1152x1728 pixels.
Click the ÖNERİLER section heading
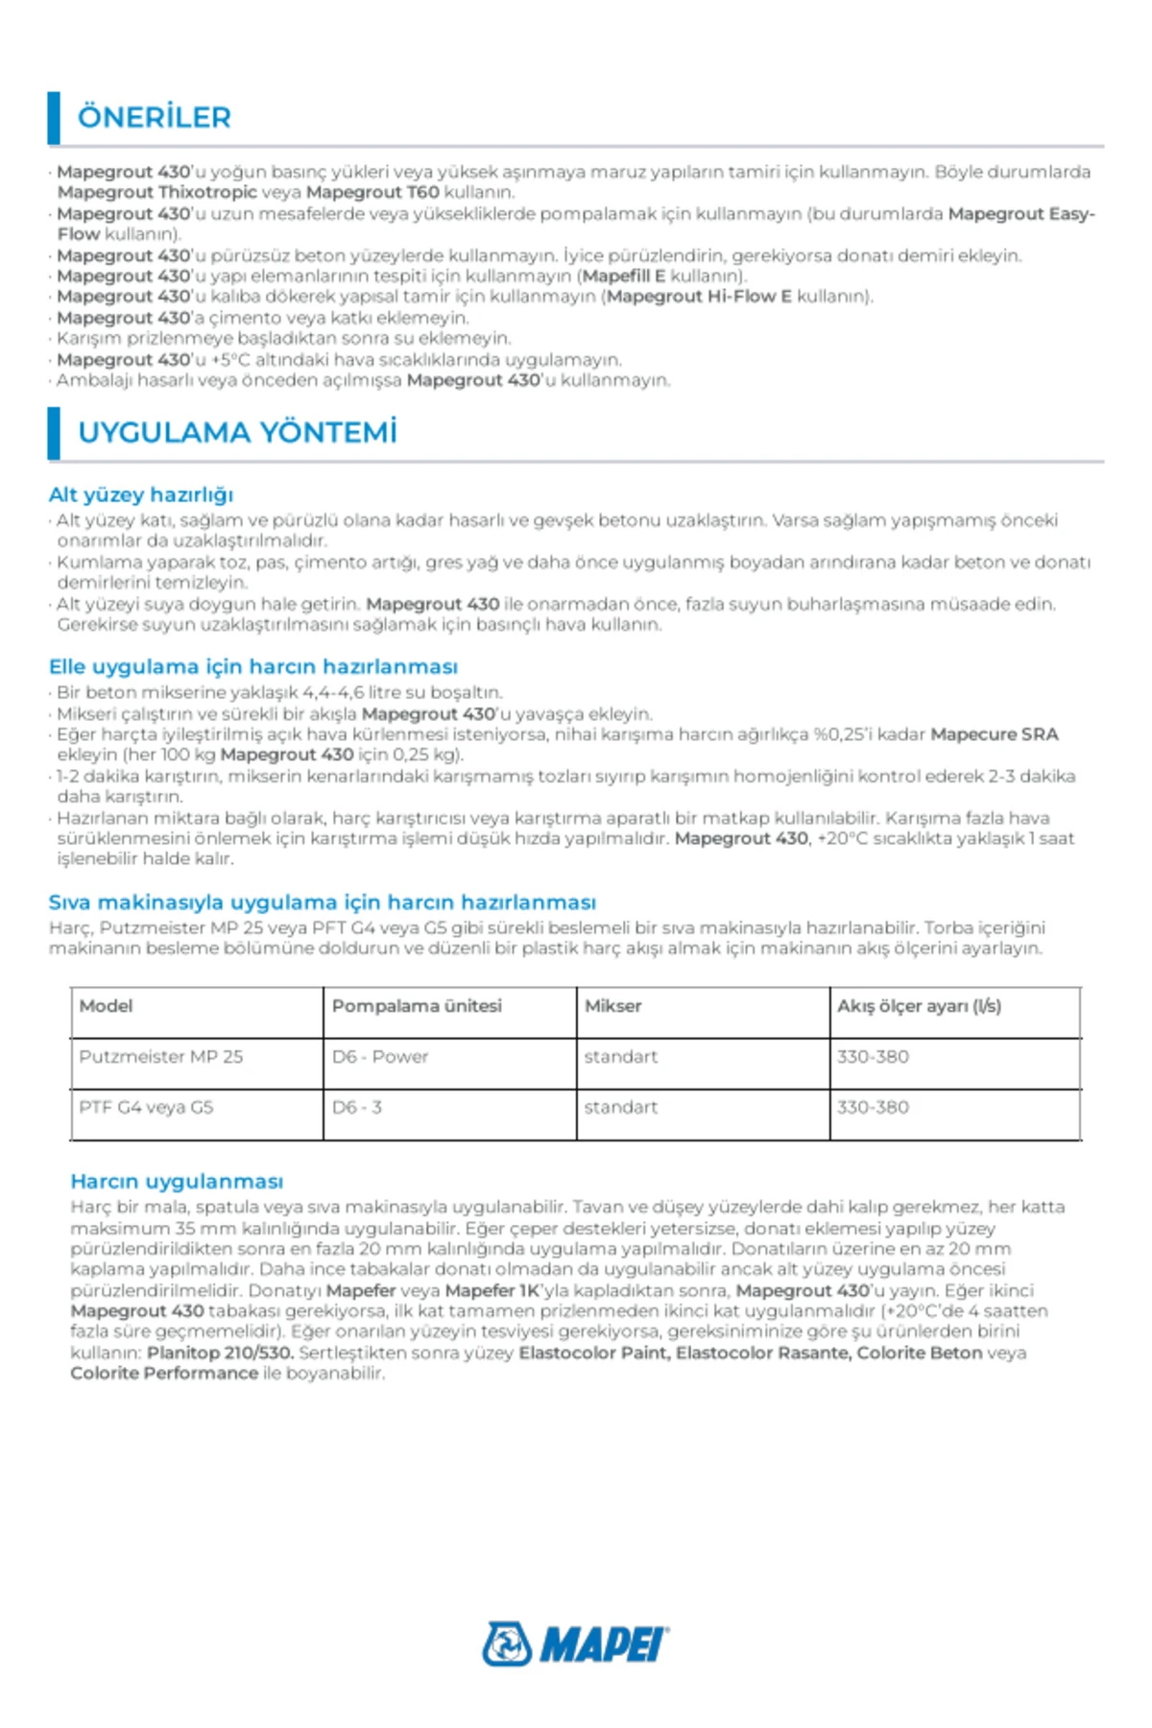[x=154, y=117]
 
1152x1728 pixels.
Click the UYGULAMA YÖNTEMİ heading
[x=237, y=433]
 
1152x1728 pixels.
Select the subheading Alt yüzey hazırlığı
[x=141, y=494]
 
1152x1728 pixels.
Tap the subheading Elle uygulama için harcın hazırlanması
[x=253, y=666]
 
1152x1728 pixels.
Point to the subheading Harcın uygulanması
[x=177, y=1181]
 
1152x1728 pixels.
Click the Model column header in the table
[x=106, y=1006]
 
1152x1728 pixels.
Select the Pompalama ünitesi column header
[x=417, y=1006]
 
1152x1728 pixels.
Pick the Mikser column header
[x=612, y=1006]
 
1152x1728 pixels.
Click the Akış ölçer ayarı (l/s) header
[x=919, y=1006]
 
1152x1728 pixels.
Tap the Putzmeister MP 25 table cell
[x=161, y=1057]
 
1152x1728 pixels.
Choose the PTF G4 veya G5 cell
[x=146, y=1108]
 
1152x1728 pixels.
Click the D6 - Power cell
[x=380, y=1057]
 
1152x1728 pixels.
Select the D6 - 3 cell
[x=357, y=1108]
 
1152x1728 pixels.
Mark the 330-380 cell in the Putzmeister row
[x=873, y=1057]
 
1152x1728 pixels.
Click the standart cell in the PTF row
[x=621, y=1108]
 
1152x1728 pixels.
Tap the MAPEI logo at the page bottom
[x=576, y=1644]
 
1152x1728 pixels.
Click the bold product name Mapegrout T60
[x=372, y=192]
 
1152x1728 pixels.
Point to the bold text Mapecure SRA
[x=994, y=734]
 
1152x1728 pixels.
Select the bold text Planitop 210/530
[x=220, y=1353]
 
